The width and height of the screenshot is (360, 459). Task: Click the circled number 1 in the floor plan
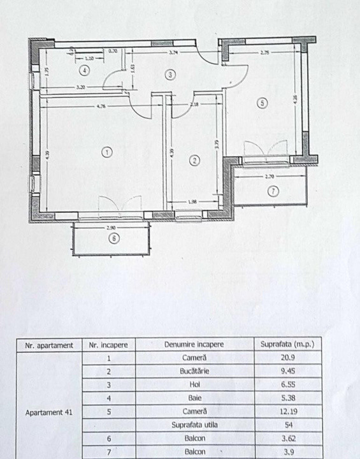click(106, 152)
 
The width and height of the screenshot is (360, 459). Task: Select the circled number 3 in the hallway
click(169, 75)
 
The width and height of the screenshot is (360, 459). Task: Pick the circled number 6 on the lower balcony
click(114, 239)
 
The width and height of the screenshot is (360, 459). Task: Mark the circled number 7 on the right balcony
click(273, 191)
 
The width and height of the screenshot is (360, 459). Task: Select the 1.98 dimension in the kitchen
click(193, 202)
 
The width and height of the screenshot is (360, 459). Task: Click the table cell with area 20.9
click(287, 358)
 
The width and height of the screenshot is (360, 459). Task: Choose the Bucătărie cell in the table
click(194, 372)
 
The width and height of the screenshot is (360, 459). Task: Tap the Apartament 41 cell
click(49, 412)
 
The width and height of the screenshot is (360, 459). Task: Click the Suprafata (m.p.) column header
click(287, 345)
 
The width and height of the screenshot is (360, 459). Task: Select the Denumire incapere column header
click(194, 345)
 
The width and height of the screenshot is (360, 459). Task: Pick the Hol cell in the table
click(194, 385)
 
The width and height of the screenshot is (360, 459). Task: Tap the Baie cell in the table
click(194, 398)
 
